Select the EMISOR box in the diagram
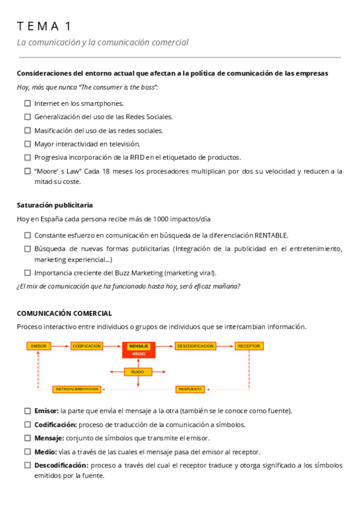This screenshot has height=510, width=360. (40, 346)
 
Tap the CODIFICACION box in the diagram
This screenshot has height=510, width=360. (87, 346)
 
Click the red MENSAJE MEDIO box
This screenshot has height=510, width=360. (139, 350)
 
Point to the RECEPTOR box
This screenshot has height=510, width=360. (249, 346)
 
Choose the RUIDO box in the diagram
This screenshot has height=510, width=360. (138, 372)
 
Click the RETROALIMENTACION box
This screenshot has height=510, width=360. (76, 389)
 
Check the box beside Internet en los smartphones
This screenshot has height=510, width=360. (28, 103)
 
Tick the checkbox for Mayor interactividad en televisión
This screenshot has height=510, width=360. (28, 144)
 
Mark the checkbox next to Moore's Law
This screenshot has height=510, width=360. (28, 171)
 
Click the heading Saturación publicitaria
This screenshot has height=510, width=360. (55, 205)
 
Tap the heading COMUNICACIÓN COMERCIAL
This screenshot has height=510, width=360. (64, 313)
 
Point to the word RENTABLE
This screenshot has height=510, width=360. (271, 235)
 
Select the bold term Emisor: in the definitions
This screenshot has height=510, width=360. (46, 411)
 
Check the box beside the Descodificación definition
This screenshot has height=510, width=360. (28, 465)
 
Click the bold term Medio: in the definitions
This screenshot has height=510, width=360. (46, 452)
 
